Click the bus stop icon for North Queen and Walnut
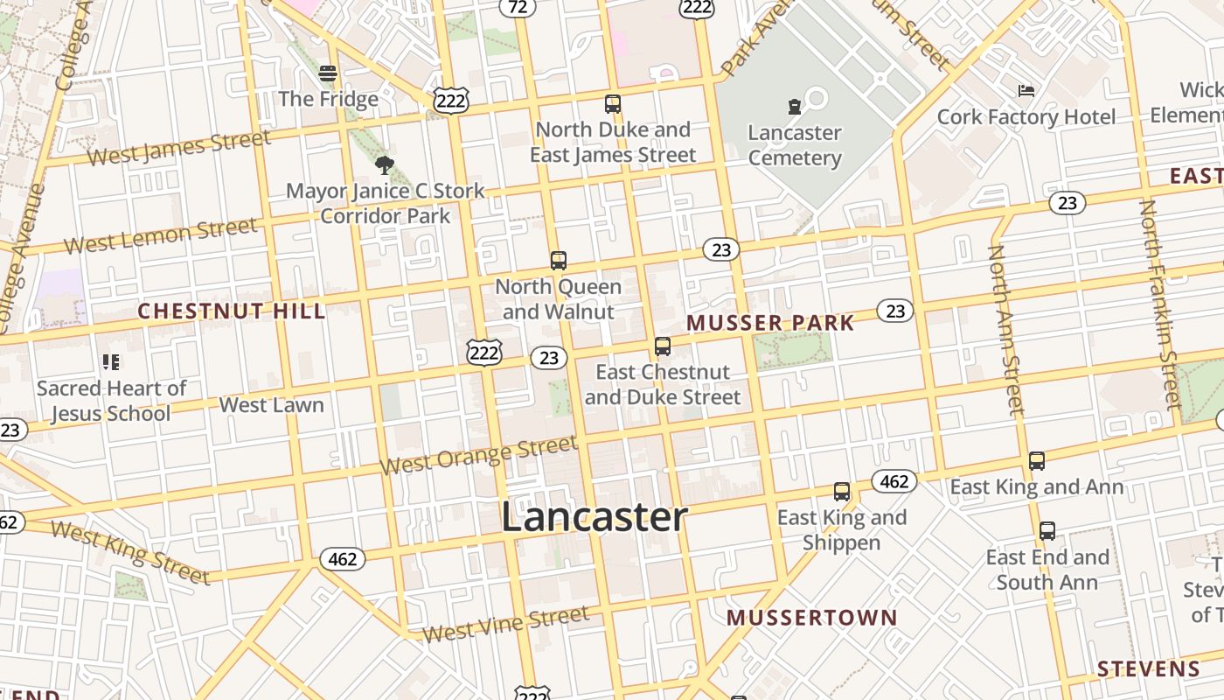558,260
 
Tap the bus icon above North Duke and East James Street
613,104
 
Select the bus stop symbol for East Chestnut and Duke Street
663,346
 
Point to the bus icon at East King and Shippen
842,492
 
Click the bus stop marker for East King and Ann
1037,461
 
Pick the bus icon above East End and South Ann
1047,531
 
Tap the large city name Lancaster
595,516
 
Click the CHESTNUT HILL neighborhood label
232,311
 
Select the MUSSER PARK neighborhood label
770,323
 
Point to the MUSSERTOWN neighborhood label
812,618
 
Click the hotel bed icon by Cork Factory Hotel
1026,91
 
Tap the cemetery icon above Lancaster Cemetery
794,108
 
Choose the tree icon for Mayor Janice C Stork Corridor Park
384,164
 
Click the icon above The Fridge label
328,73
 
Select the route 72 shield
518,7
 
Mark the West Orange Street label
479,455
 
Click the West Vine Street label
505,623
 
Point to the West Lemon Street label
161,234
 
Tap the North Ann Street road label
1005,330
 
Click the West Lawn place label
271,405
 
